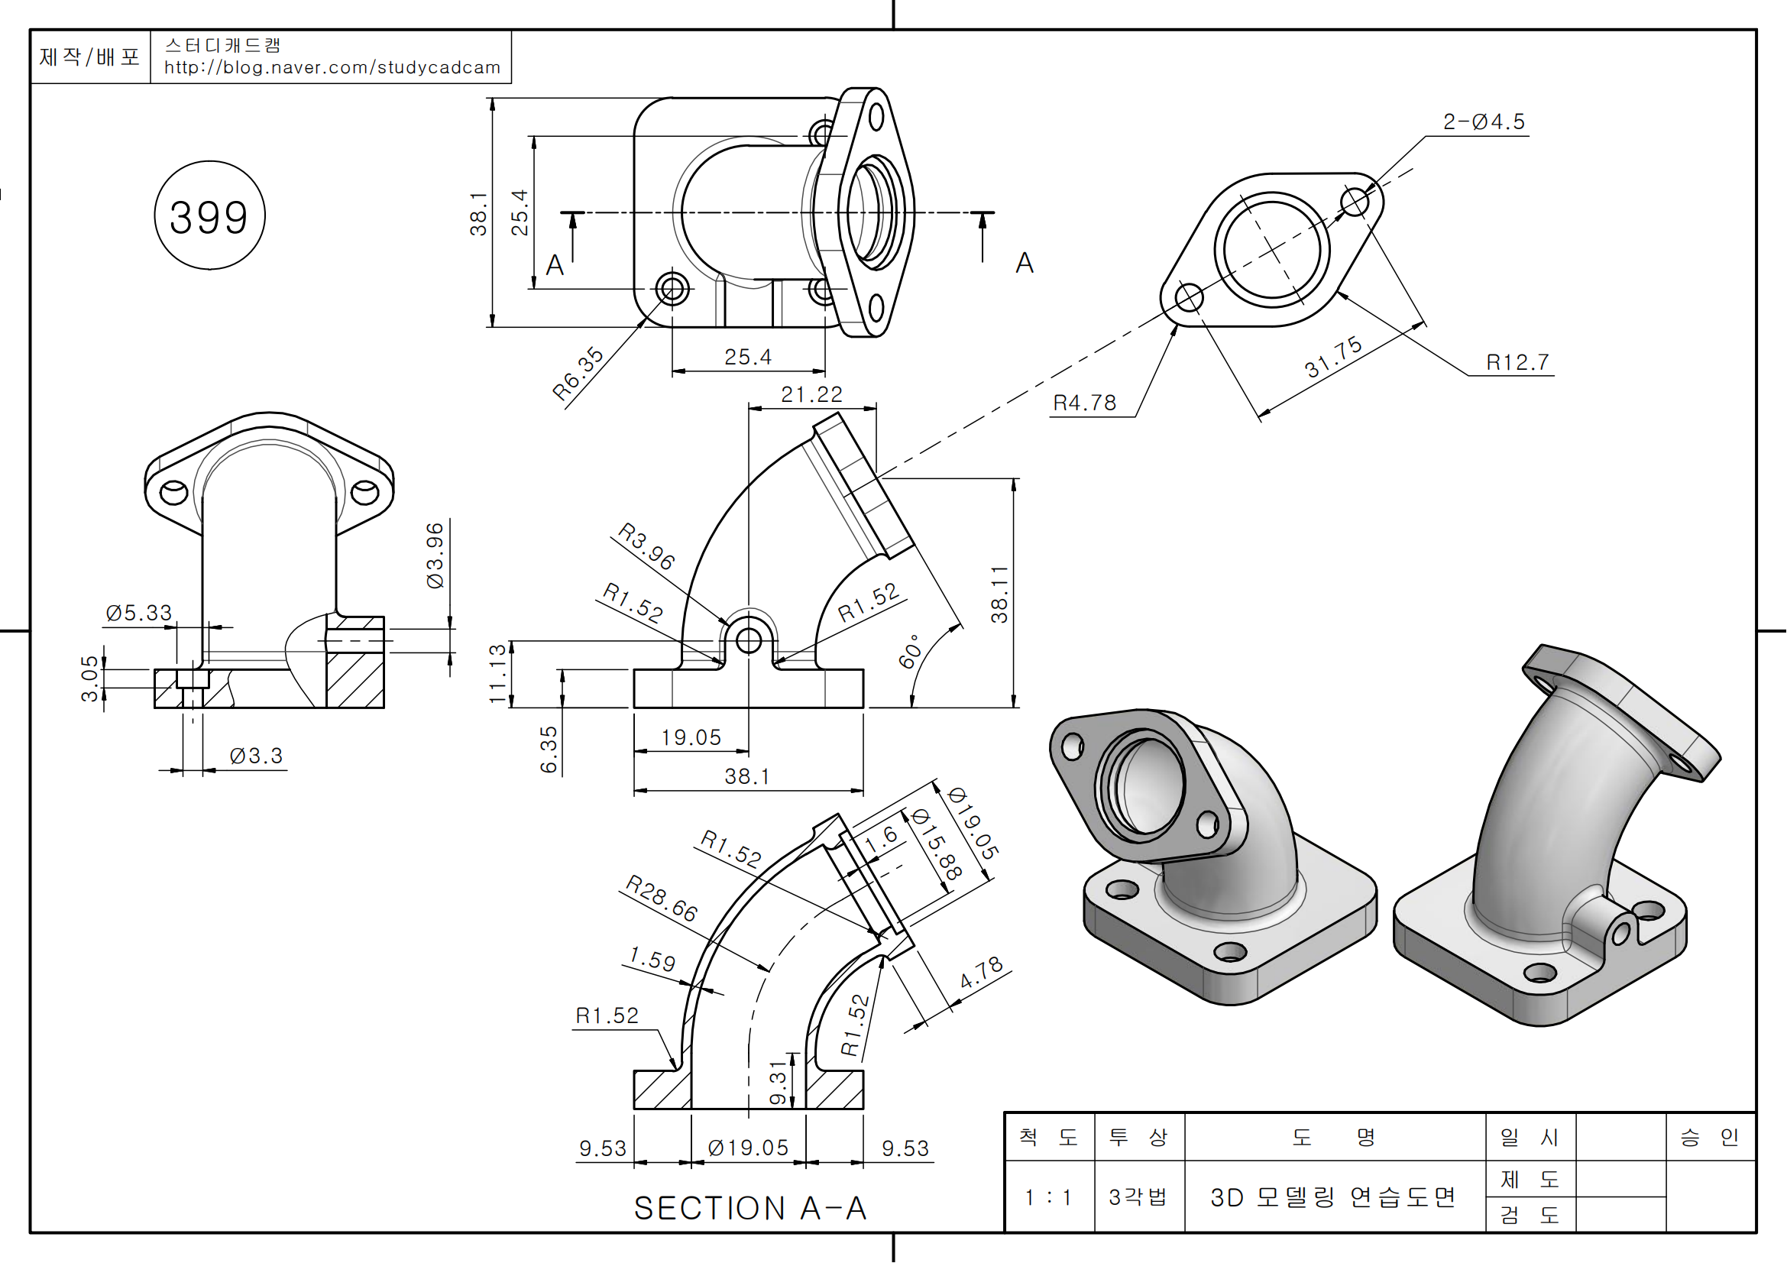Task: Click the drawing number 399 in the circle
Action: pyautogui.click(x=209, y=217)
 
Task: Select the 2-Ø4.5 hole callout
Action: pyautogui.click(x=1484, y=121)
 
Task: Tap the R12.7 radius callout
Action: pyautogui.click(x=1517, y=362)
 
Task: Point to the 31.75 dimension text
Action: pyautogui.click(x=1333, y=356)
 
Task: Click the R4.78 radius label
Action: pyautogui.click(x=1084, y=403)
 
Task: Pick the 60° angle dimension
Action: pyautogui.click(x=910, y=650)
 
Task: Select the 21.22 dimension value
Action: pyautogui.click(x=811, y=394)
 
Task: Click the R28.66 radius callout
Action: pyautogui.click(x=662, y=898)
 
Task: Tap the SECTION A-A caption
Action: pyautogui.click(x=750, y=1208)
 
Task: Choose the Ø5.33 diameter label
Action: pyautogui.click(x=138, y=614)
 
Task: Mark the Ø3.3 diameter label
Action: pyautogui.click(x=256, y=756)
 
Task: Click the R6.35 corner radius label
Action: pyautogui.click(x=578, y=374)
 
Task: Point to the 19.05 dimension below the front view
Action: pyautogui.click(x=691, y=737)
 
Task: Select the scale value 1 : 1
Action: pyautogui.click(x=1047, y=1197)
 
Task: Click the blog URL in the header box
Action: pyautogui.click(x=332, y=68)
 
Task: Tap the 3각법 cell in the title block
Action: pyautogui.click(x=1138, y=1197)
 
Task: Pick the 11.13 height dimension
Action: pyautogui.click(x=497, y=674)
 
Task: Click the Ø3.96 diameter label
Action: pyautogui.click(x=434, y=555)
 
